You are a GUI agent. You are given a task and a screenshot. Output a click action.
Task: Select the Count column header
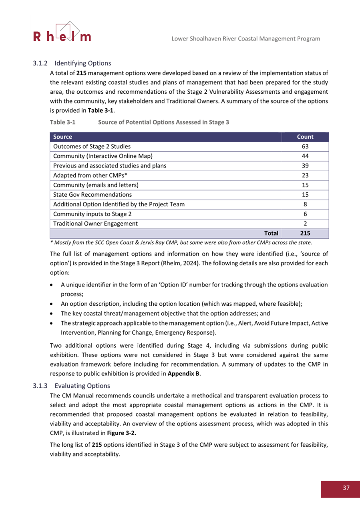pyautogui.click(x=305, y=137)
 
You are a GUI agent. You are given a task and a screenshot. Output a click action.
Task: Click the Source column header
pyautogui.click(x=62, y=137)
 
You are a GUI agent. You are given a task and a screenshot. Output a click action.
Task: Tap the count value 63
pyautogui.click(x=305, y=146)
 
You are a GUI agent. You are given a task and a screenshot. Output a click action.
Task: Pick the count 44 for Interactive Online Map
pyautogui.click(x=305, y=156)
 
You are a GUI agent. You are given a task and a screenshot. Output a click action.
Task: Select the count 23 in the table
pyautogui.click(x=305, y=175)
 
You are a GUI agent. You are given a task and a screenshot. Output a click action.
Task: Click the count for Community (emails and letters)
pyautogui.click(x=305, y=185)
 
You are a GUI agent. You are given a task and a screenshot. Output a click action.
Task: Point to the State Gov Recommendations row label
pyautogui.click(x=92, y=194)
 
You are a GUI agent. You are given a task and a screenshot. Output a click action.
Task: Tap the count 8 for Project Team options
pyautogui.click(x=305, y=204)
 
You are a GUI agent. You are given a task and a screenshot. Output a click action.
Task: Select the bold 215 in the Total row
pyautogui.click(x=305, y=233)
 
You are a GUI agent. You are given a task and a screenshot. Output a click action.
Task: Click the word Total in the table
pyautogui.click(x=271, y=233)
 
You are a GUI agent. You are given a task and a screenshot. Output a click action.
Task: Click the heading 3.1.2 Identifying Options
pyautogui.click(x=72, y=63)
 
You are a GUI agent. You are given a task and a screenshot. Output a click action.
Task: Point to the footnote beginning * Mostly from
pyautogui.click(x=180, y=242)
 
